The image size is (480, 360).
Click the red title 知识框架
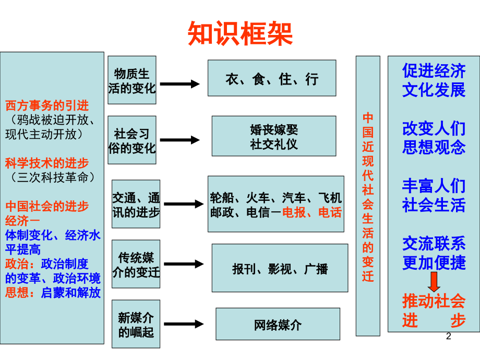coord(240,34)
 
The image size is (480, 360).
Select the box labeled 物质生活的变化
coord(132,80)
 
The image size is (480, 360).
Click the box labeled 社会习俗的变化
coord(132,140)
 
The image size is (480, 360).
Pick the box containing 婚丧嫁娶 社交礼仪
coord(273,136)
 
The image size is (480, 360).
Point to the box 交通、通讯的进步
coord(136,205)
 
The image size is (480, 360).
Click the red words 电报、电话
coord(312,212)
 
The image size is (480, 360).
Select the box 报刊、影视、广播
coord(280,268)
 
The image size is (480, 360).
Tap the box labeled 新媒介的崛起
coord(136,325)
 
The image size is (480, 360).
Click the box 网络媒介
coord(278,325)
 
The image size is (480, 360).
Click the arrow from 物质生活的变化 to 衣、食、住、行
coord(179,83)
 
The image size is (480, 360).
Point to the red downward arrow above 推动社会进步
coord(434,282)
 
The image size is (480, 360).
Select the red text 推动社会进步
coord(434,310)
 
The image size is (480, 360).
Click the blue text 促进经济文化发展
coord(434,80)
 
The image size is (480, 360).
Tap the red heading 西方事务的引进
coord(47,106)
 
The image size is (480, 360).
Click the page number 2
coord(448,339)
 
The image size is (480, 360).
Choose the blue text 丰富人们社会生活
coord(434,196)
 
